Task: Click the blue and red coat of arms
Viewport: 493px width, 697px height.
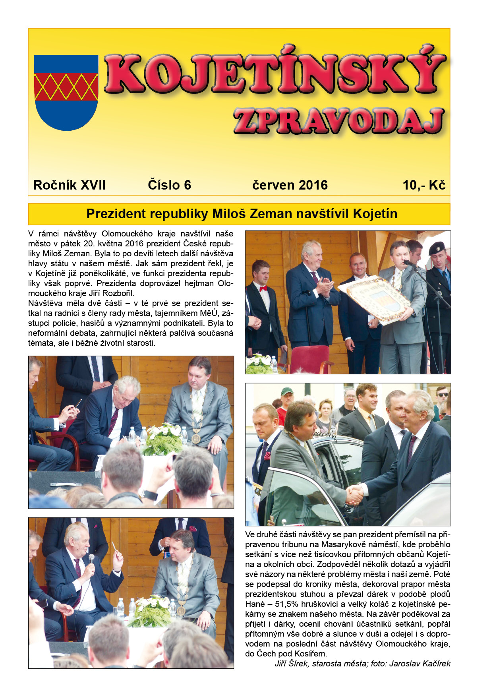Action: (66, 92)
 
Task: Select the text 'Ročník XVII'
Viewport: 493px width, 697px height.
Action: (70, 185)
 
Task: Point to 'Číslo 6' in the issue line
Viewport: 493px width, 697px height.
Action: (169, 185)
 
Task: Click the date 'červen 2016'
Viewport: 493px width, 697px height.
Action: (290, 185)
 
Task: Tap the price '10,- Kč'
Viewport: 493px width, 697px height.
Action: (424, 185)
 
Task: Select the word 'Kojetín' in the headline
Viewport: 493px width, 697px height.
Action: (375, 214)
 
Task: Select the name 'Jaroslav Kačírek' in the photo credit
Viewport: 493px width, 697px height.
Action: (420, 664)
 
